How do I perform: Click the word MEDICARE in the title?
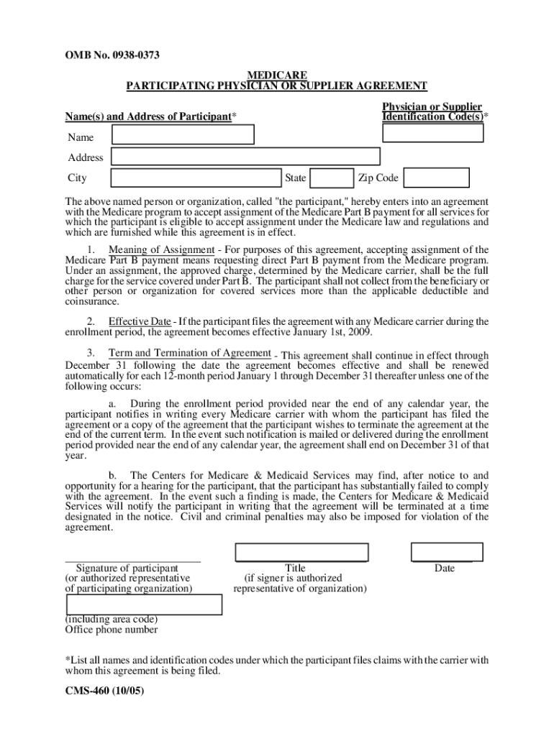277,75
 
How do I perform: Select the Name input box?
183,134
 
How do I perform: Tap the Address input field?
245,156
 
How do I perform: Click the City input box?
194,178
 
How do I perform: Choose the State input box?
332,178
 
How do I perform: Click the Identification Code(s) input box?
433,133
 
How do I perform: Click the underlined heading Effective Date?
140,321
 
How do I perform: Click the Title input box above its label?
301,551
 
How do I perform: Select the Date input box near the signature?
447,551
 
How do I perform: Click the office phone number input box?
144,604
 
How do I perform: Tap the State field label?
295,178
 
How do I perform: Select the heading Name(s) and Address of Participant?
148,116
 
